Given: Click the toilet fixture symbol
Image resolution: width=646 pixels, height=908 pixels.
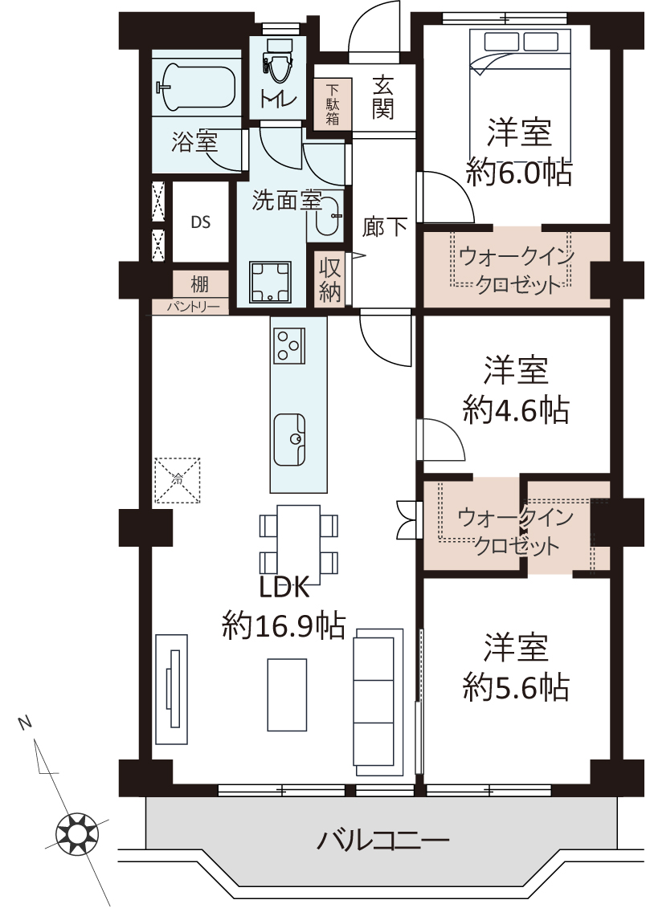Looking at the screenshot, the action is coord(277,63).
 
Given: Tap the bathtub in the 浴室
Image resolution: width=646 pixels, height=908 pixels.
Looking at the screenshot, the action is coord(198,88).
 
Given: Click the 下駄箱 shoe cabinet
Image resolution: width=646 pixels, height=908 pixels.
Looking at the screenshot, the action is coord(333,104).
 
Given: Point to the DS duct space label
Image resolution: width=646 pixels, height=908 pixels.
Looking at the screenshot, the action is coord(200,222).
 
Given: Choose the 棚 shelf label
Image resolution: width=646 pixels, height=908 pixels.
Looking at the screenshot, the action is coord(200,284).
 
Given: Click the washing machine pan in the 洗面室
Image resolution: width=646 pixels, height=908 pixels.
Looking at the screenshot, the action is coord(269,282).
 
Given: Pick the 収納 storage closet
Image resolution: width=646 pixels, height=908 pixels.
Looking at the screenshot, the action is coord(329,279).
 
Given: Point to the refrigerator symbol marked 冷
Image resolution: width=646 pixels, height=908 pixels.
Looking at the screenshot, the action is coord(178,481).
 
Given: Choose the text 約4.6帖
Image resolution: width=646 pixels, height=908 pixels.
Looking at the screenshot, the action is coord(516,410).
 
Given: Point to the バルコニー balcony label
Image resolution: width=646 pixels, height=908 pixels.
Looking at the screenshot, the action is coord(383,839).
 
